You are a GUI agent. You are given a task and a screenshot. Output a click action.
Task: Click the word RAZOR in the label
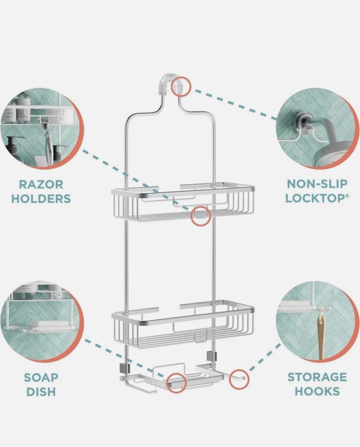(41, 184)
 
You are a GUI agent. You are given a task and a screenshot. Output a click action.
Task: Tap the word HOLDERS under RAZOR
(41, 199)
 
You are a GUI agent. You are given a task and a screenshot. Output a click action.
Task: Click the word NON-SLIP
(317, 184)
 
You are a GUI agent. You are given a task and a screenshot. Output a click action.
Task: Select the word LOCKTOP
(315, 198)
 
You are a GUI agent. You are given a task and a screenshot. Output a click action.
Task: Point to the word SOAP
(41, 378)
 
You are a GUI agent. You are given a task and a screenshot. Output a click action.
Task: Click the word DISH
(41, 392)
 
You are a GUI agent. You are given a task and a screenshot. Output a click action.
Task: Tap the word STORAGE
(317, 377)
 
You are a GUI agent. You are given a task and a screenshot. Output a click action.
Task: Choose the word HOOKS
(317, 391)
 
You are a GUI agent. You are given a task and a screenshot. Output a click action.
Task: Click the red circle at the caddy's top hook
(181, 86)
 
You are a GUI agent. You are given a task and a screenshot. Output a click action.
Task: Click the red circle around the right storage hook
(239, 379)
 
